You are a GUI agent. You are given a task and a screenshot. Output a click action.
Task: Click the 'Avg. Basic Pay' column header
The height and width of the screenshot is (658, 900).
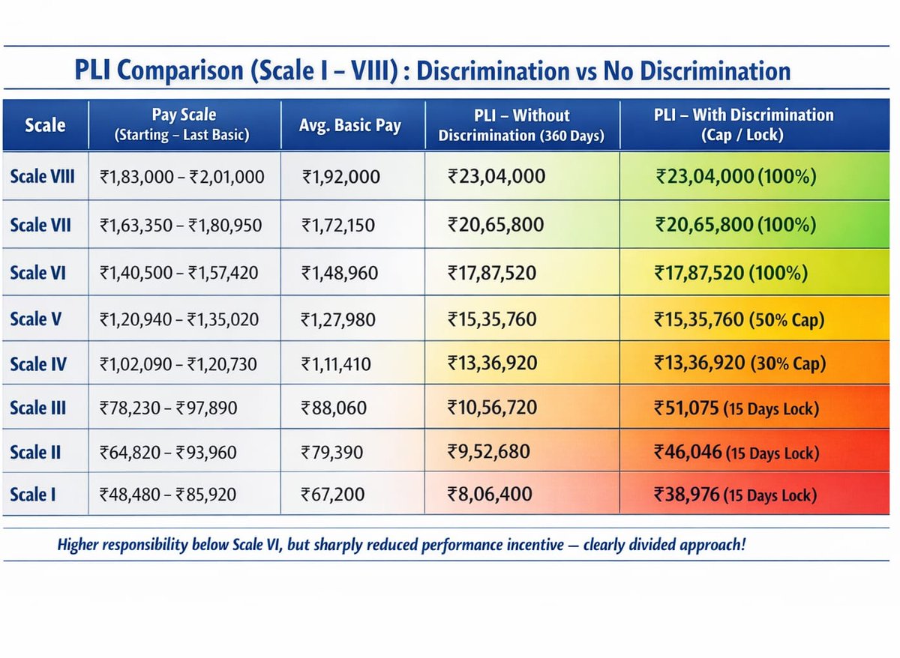click(352, 125)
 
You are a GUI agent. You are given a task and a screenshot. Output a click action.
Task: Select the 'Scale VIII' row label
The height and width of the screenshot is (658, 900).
click(42, 178)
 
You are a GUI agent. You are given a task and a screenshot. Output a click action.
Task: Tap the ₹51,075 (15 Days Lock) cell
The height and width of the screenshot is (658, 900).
click(736, 408)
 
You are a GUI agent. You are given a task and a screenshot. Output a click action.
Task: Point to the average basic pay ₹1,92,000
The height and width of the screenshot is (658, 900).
click(341, 178)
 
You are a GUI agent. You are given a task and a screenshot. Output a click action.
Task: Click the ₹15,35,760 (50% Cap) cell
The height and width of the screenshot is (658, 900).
click(739, 319)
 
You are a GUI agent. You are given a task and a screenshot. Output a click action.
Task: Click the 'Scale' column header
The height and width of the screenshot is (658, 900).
click(45, 125)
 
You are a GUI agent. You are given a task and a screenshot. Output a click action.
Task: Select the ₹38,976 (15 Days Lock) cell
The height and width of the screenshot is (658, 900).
click(735, 495)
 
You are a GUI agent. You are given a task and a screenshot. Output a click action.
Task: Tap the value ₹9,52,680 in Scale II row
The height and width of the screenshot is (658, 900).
click(489, 452)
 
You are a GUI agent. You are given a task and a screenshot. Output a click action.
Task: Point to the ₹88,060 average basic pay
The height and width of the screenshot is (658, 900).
click(334, 408)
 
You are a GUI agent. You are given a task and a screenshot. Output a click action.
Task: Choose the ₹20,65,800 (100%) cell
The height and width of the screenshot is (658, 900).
click(735, 223)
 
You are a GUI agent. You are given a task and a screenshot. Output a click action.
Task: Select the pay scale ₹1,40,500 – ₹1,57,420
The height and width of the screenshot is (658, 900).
click(179, 273)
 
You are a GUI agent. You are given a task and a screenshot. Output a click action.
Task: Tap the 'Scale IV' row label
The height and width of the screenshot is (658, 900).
click(38, 364)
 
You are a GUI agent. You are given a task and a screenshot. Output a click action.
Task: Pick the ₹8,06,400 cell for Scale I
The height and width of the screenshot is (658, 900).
click(490, 495)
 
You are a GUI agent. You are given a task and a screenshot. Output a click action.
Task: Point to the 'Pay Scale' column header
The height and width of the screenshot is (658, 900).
click(184, 124)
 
